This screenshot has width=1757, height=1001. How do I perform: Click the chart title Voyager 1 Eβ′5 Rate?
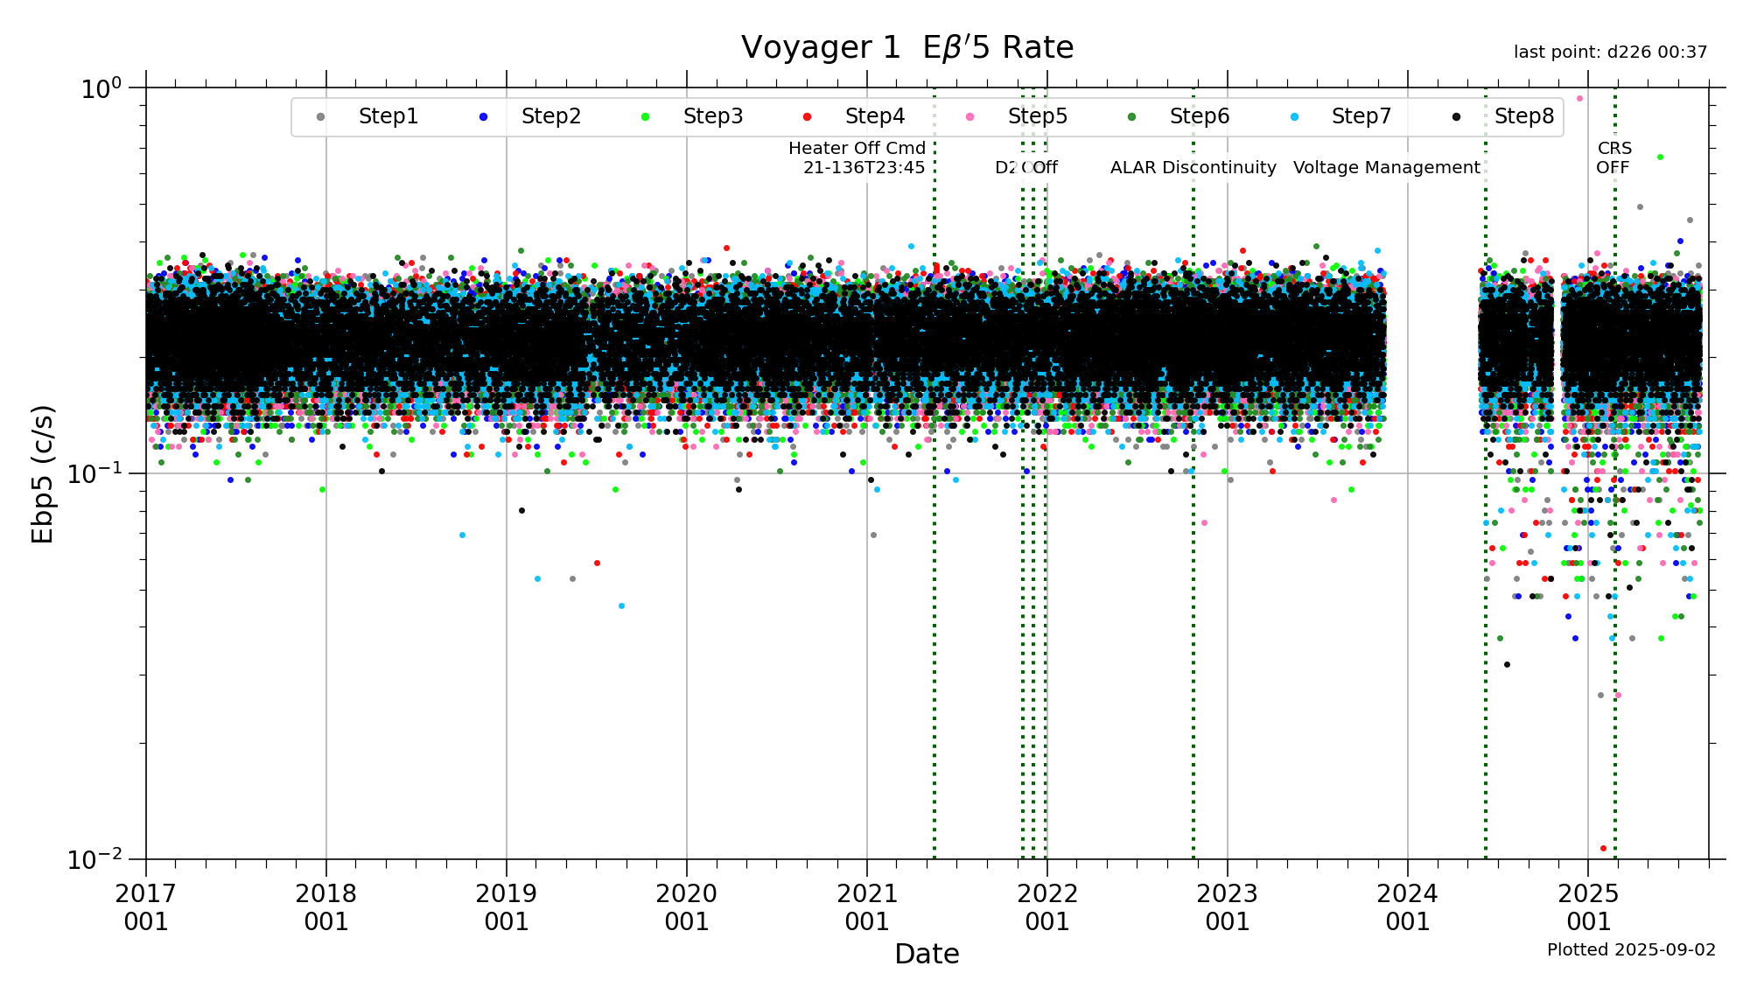(x=906, y=47)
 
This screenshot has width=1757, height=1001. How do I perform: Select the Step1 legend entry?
(x=388, y=116)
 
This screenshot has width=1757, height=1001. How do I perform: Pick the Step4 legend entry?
(x=874, y=116)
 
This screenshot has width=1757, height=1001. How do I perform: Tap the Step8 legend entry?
(x=1523, y=116)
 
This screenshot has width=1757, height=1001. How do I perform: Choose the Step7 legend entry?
(x=1361, y=116)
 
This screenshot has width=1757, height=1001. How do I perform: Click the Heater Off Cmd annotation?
(x=857, y=157)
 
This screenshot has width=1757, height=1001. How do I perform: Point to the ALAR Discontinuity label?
(x=1193, y=167)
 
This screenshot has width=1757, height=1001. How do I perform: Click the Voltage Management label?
(x=1386, y=167)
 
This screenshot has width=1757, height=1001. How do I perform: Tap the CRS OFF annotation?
(x=1613, y=157)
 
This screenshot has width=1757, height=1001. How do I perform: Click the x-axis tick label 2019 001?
(x=507, y=907)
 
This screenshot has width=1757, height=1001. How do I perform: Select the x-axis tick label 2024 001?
(x=1408, y=907)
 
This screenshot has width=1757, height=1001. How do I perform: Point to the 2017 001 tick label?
(x=146, y=907)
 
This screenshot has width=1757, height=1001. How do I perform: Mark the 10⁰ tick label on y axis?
(x=101, y=88)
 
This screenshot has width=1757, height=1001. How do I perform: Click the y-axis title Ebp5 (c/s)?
(x=43, y=473)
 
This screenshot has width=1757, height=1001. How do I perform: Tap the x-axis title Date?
(x=927, y=954)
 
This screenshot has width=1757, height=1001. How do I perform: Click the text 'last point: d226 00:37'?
(x=1610, y=52)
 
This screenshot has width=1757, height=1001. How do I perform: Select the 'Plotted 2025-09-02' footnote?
(x=1631, y=949)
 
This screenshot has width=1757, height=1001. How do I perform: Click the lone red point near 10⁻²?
(x=1603, y=848)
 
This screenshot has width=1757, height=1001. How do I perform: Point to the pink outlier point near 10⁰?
(x=1579, y=98)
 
